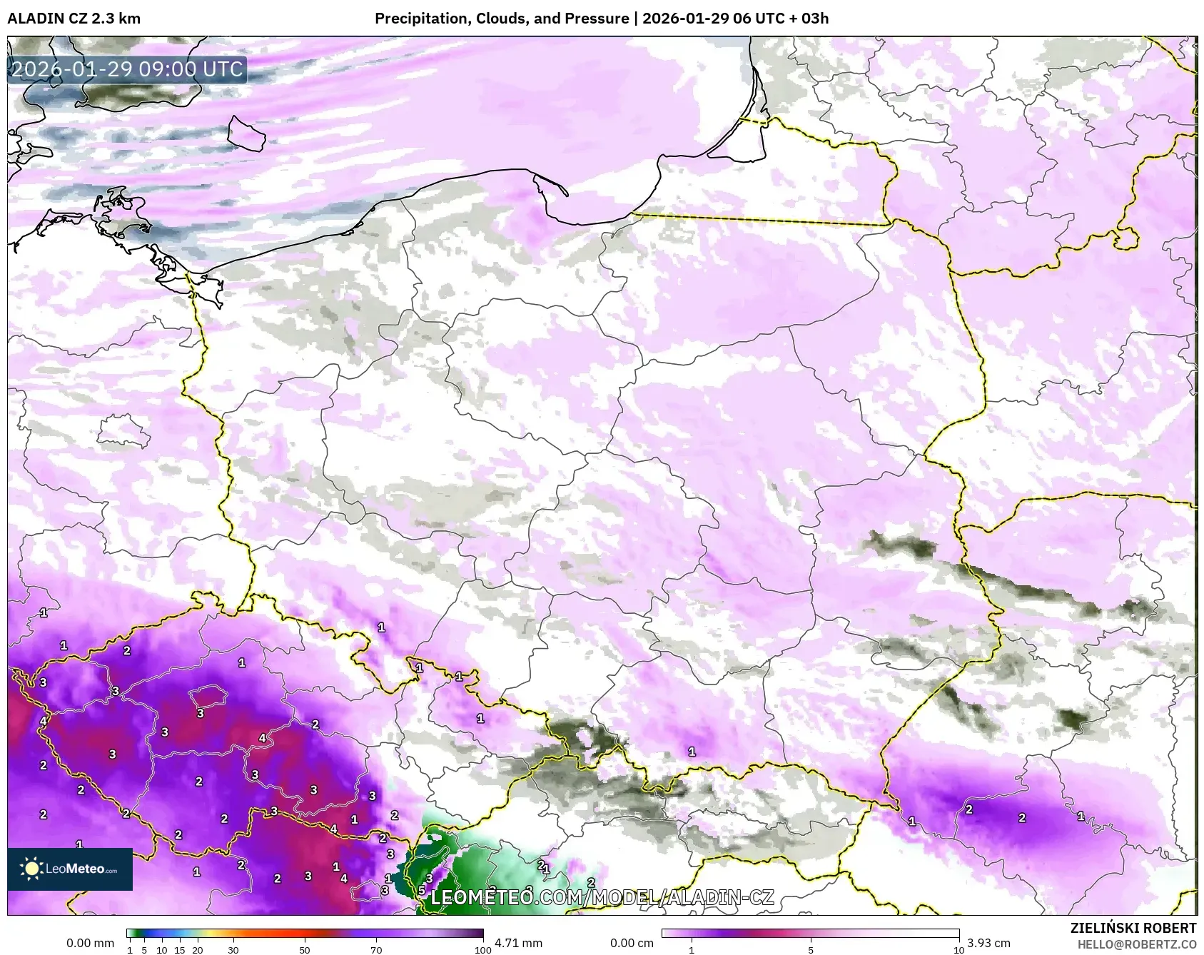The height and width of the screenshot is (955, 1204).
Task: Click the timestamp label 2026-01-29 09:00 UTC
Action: tap(127, 69)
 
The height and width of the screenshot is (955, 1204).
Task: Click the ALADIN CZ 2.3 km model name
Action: tap(74, 19)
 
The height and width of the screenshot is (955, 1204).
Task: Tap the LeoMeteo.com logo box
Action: tap(70, 869)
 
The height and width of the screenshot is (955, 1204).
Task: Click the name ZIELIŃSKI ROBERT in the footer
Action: tap(1133, 928)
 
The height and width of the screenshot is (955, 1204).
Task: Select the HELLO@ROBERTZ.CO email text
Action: tap(1136, 944)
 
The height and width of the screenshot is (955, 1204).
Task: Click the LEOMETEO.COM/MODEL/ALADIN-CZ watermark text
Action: tap(602, 897)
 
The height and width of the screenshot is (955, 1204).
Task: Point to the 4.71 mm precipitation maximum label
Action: tap(518, 943)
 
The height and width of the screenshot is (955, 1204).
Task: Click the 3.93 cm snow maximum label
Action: tap(988, 943)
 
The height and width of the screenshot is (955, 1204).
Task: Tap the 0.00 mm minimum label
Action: tap(90, 943)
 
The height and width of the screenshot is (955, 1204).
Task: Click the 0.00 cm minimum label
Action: tap(632, 943)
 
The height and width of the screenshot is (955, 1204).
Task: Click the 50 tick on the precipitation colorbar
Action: tap(305, 950)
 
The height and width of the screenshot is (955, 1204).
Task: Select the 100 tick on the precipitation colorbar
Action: tap(483, 950)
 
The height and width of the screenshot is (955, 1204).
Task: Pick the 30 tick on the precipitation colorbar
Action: tap(233, 950)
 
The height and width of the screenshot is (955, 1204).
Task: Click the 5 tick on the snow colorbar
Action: tap(811, 950)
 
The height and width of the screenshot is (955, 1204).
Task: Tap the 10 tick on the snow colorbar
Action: tap(958, 950)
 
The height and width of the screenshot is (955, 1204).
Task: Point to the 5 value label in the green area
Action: tap(422, 890)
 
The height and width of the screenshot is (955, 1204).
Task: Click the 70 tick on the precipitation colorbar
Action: tap(376, 950)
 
